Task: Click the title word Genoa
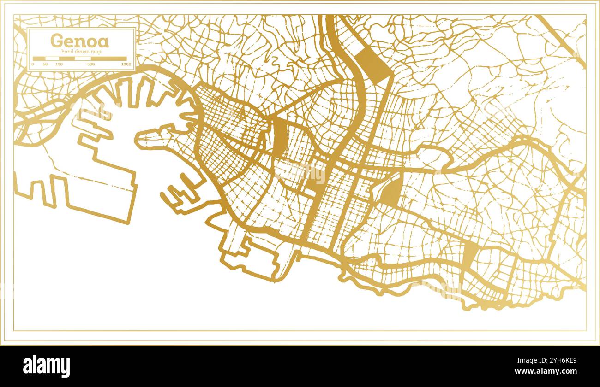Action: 79,41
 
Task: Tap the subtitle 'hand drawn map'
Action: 81,52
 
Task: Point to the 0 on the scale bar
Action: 33,64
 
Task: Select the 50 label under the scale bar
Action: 45,64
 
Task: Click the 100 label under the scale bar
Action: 59,64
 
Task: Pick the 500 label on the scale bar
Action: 91,64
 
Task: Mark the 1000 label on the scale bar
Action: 126,64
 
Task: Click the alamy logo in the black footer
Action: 47,366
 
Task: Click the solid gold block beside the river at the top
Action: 373,64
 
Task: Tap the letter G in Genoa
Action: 56,41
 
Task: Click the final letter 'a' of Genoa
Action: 104,42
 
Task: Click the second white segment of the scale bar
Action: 65,59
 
